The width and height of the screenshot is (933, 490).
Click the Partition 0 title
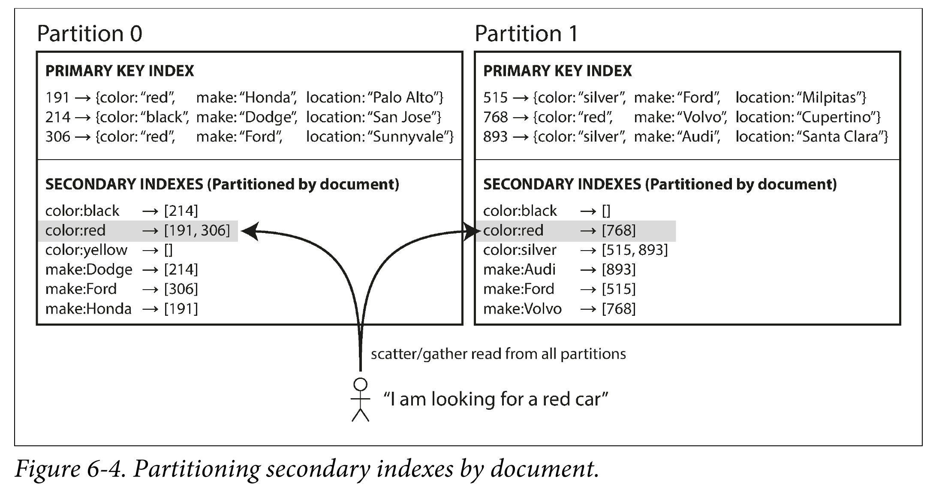pyautogui.click(x=90, y=33)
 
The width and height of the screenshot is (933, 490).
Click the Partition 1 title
pyautogui.click(x=527, y=33)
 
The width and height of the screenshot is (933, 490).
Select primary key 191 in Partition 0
pyautogui.click(x=57, y=97)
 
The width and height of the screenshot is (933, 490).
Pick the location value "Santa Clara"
pyautogui.click(x=842, y=137)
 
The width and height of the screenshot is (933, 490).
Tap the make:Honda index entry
pyautogui.click(x=122, y=309)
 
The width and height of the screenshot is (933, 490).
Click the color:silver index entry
pyautogui.click(x=575, y=250)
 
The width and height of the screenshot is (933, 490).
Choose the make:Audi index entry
pyautogui.click(x=560, y=269)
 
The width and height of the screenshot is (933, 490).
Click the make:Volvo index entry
pyautogui.click(x=560, y=309)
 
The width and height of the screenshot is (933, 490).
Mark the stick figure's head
pyautogui.click(x=361, y=384)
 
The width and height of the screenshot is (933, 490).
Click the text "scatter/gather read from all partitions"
pyautogui.click(x=498, y=354)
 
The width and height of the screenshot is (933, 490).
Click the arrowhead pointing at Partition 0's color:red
pyautogui.click(x=250, y=231)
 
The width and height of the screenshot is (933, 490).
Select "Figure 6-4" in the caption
pyautogui.click(x=70, y=469)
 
